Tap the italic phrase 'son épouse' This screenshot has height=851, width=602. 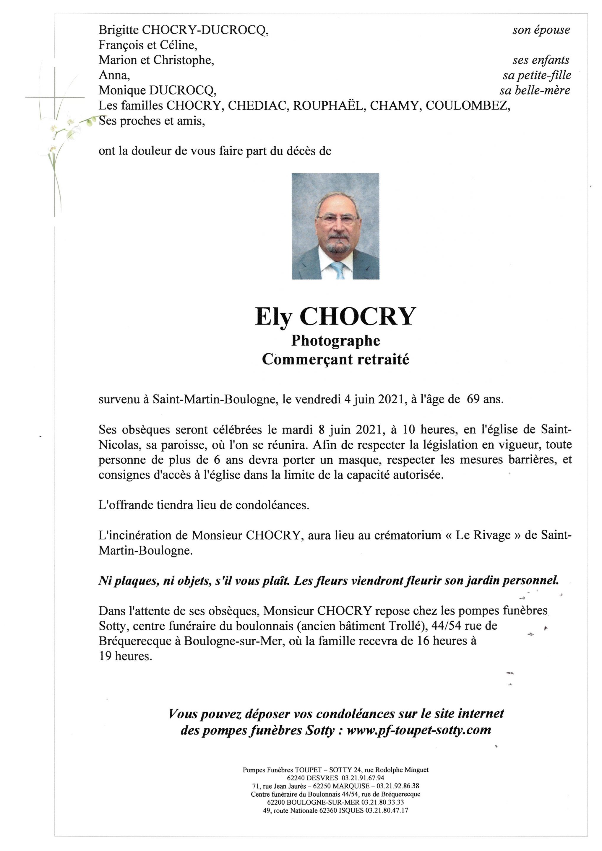click(541, 30)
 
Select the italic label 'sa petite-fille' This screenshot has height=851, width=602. click(536, 76)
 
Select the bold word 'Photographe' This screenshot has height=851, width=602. click(335, 341)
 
